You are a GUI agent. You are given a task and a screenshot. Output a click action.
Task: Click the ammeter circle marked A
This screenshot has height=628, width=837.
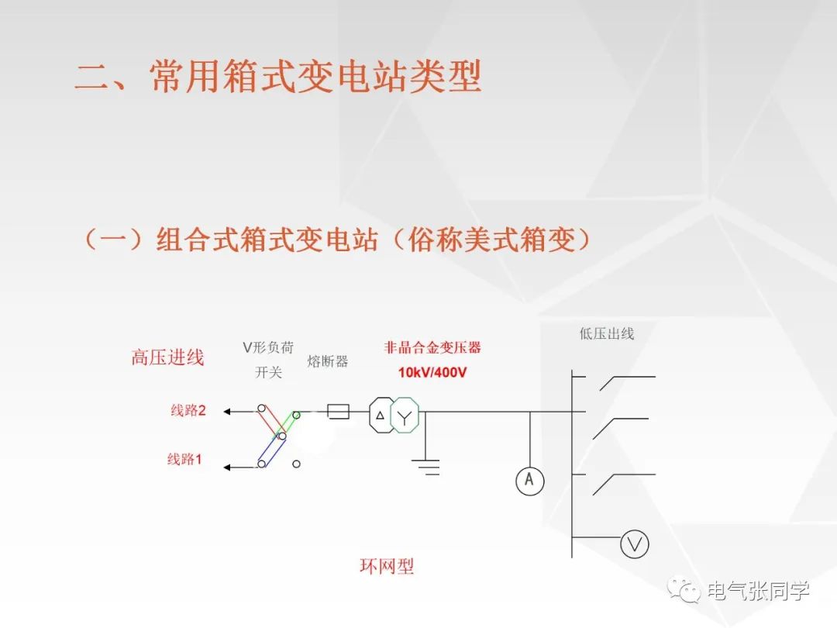530,481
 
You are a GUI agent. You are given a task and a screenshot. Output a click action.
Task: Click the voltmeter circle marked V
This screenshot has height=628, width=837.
634,544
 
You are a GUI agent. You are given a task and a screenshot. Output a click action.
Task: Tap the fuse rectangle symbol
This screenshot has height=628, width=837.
338,412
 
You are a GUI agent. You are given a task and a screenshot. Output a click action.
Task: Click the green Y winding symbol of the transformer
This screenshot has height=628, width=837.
405,416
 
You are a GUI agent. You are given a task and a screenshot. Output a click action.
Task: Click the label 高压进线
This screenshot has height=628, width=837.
167,357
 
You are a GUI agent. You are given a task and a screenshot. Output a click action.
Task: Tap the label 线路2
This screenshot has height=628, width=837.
188,410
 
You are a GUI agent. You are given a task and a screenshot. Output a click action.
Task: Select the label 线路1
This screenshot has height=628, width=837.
184,459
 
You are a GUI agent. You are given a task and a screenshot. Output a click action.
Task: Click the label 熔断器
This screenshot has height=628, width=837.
327,361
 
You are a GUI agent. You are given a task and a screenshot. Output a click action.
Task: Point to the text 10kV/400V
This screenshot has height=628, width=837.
432,372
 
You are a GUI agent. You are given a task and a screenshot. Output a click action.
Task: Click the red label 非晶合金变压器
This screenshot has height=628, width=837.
432,347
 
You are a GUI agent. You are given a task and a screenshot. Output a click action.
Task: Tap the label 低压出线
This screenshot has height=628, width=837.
607,333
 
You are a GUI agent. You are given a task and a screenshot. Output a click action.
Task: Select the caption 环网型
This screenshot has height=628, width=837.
387,566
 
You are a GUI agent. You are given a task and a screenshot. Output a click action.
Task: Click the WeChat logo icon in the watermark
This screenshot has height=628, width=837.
684,590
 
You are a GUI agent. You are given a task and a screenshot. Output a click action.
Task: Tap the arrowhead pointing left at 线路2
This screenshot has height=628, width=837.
228,412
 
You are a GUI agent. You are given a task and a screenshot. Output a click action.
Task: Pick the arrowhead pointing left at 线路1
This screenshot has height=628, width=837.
228,467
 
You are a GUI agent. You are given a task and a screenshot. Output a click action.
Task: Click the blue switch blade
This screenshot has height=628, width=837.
271,450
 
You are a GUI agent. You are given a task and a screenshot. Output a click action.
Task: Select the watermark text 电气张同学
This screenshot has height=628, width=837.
758,591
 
